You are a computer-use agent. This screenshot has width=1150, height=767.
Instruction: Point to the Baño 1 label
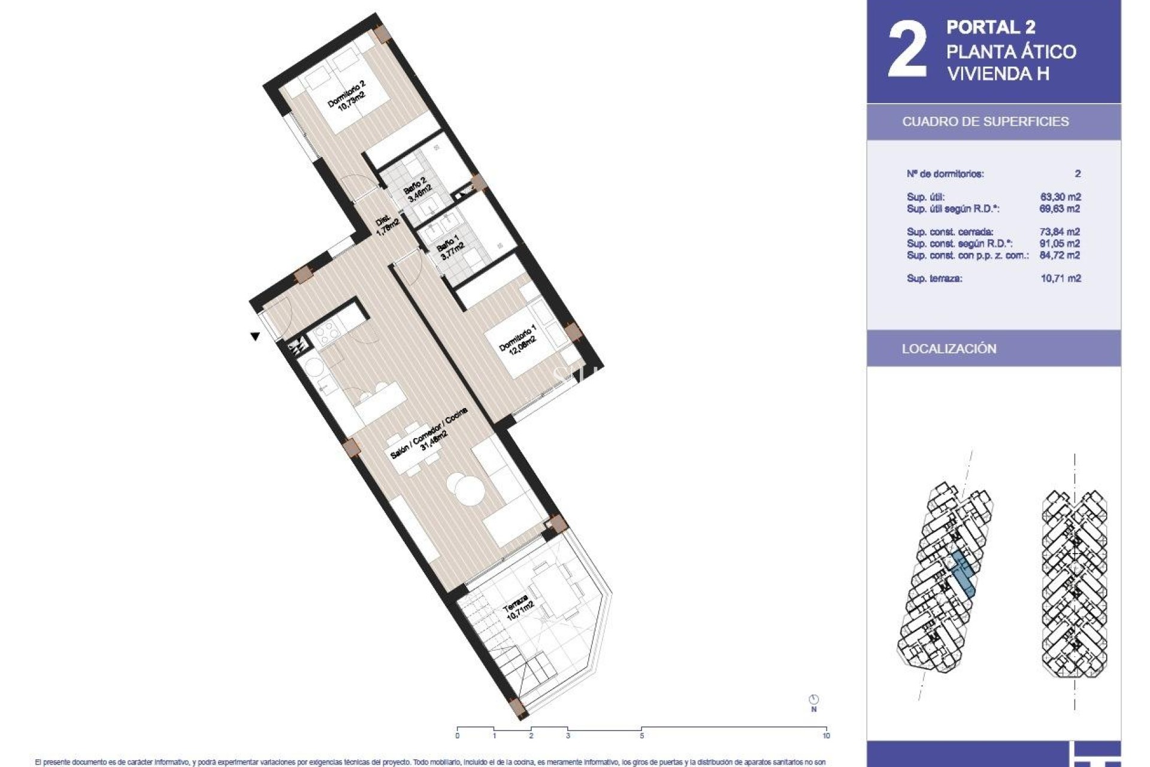450,246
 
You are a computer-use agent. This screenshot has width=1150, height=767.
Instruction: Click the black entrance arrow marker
255,337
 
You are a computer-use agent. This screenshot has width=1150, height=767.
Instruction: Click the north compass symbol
813,700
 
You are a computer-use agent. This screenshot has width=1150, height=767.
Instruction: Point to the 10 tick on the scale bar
826,735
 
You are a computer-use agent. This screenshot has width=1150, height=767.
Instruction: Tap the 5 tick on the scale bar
641,735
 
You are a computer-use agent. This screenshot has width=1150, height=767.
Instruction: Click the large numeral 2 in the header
907,51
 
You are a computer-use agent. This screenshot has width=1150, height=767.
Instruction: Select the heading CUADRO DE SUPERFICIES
985,122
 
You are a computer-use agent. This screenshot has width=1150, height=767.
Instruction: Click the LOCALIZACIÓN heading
949,349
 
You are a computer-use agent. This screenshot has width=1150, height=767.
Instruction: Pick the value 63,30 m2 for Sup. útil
1060,197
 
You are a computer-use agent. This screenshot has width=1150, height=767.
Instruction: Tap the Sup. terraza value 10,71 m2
1060,278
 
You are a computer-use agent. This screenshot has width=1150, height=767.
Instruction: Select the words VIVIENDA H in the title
997,74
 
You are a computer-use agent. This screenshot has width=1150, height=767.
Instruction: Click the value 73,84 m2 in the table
1060,232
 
